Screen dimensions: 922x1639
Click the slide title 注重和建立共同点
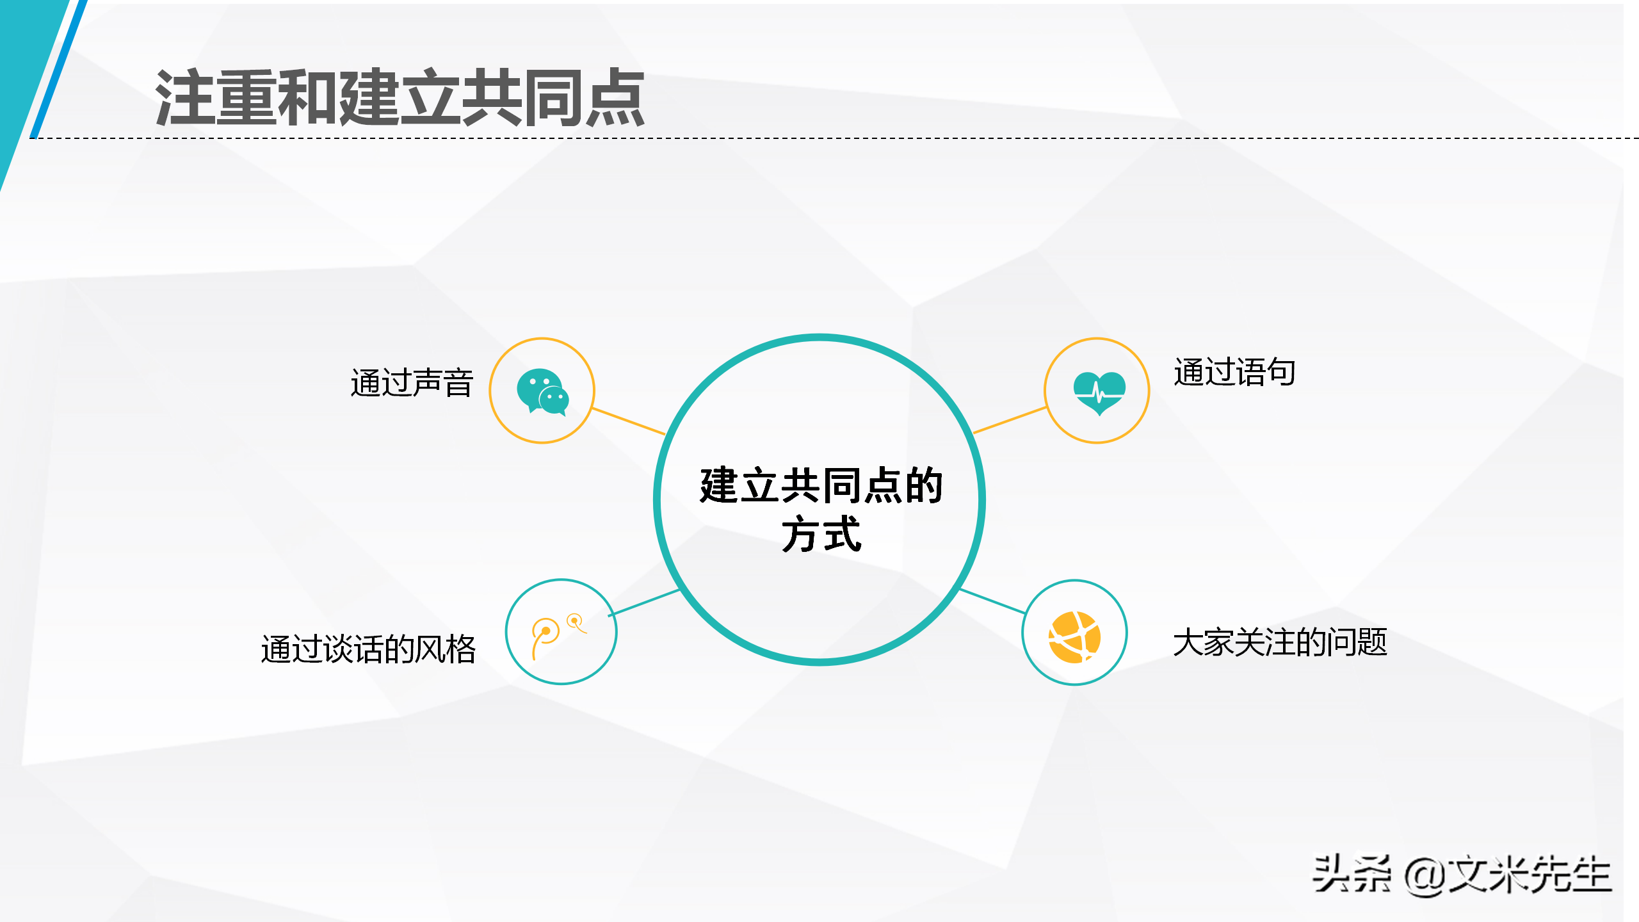[400, 97]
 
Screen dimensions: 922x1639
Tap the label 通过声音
[412, 383]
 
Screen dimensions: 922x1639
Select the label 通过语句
[1234, 372]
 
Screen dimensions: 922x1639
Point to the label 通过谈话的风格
[368, 649]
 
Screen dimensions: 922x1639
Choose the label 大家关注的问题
[1279, 642]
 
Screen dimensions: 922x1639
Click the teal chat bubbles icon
[542, 391]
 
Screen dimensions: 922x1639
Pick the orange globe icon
[1074, 637]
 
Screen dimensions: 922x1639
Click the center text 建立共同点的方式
[821, 509]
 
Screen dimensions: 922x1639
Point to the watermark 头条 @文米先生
[1461, 875]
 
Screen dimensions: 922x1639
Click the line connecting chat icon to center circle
[629, 421]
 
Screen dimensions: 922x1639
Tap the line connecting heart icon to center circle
[1010, 420]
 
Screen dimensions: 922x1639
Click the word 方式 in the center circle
[821, 534]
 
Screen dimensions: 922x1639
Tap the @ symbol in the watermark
[1425, 876]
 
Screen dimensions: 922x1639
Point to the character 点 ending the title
[615, 97]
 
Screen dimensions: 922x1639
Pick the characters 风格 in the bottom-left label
[446, 649]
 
